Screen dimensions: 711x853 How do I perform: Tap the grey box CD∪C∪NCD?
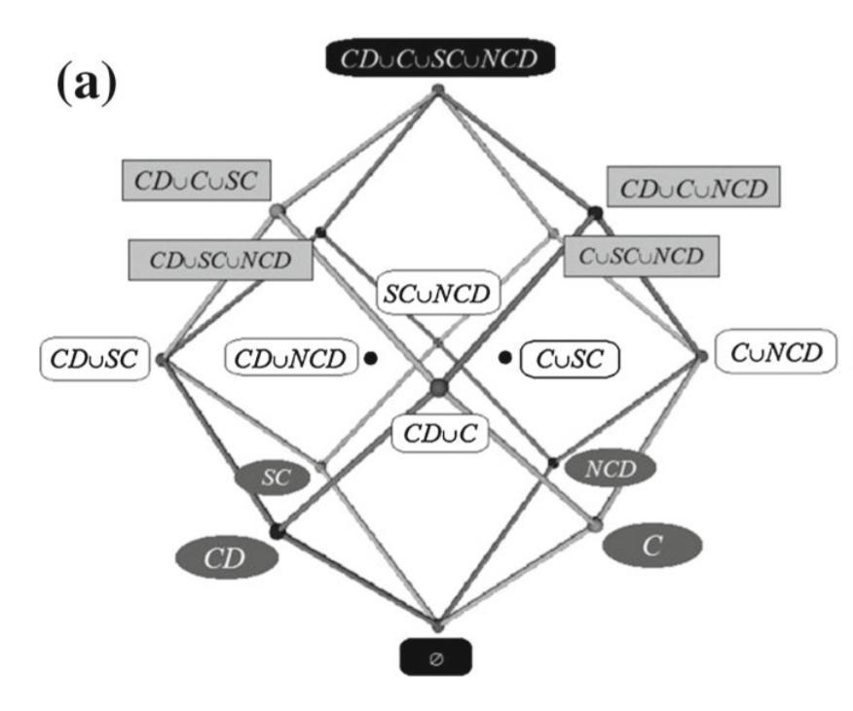point(692,187)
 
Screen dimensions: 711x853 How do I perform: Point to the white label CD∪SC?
point(94,359)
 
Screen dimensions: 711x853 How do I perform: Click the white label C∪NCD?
point(776,352)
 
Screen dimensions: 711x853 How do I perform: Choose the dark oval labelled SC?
point(272,477)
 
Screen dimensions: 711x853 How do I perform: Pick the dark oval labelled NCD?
point(611,469)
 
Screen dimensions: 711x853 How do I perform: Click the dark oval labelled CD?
point(226,559)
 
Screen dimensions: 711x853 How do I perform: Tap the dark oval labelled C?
point(651,546)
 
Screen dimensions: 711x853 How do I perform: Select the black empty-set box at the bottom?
point(435,657)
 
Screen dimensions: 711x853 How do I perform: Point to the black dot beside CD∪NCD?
point(371,358)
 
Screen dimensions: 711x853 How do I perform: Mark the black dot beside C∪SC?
point(504,358)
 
